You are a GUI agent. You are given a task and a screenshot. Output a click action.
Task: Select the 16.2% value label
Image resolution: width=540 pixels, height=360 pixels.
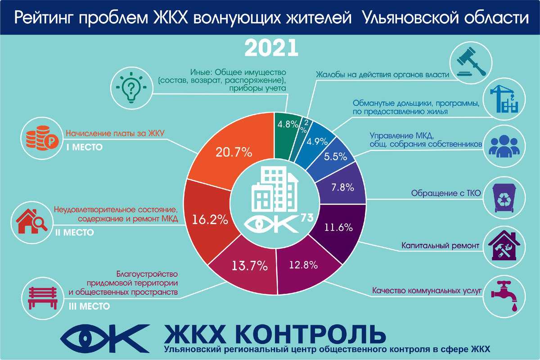(210, 220)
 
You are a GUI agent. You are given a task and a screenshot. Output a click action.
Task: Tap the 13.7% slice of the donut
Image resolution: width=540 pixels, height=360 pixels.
(246, 268)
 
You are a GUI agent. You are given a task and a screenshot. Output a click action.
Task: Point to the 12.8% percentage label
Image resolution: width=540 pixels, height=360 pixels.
(303, 265)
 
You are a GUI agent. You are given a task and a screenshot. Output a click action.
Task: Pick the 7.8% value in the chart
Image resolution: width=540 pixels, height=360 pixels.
(342, 187)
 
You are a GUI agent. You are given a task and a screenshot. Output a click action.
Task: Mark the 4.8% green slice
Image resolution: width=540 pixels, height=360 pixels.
(287, 135)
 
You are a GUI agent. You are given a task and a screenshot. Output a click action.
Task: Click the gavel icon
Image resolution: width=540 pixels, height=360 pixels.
(471, 63)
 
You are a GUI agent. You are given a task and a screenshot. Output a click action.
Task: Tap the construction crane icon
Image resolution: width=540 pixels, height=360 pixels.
(504, 99)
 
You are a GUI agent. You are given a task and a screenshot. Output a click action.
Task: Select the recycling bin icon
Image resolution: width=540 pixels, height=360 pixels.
(504, 198)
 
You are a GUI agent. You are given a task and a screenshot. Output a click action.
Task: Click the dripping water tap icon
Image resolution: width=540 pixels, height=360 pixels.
(504, 297)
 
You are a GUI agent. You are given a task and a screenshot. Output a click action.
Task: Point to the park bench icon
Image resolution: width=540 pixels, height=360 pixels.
(43, 298)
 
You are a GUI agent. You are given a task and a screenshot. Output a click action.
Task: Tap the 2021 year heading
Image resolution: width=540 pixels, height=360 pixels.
(271, 48)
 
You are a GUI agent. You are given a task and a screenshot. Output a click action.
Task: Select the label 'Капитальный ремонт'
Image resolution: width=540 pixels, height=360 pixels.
(440, 245)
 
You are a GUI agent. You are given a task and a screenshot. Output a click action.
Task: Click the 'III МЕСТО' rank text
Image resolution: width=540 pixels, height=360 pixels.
(89, 306)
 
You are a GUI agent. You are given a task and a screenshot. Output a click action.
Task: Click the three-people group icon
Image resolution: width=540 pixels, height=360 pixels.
(504, 146)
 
